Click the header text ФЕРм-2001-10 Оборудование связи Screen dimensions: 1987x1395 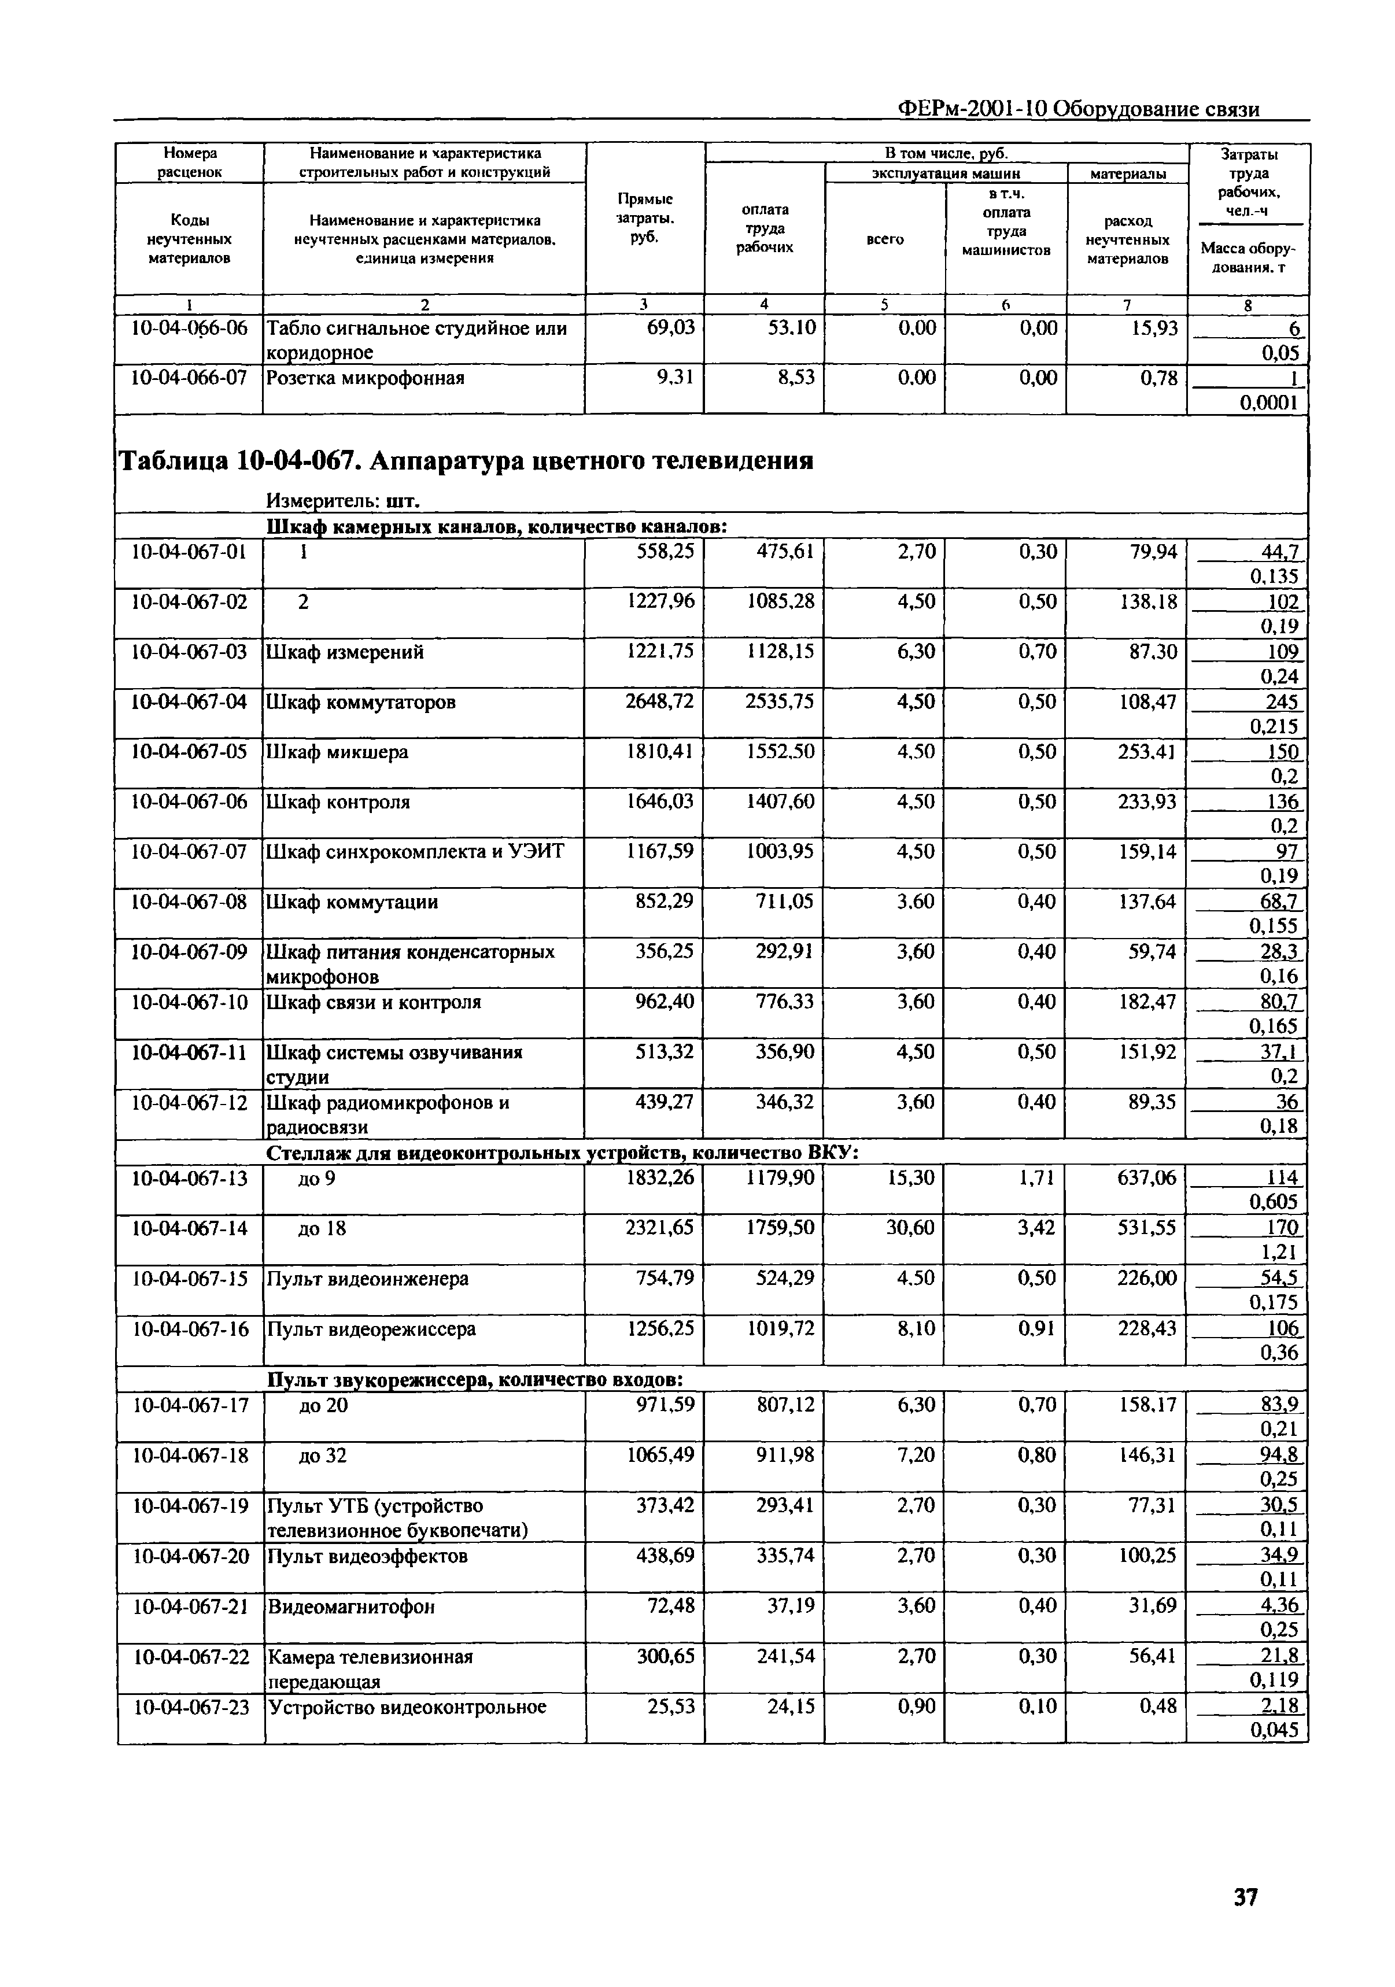click(1078, 109)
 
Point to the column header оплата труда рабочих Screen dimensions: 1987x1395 click(764, 228)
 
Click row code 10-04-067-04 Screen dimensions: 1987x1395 click(189, 702)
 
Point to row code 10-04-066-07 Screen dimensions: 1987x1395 click(189, 378)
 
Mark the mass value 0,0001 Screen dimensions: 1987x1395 click(1269, 402)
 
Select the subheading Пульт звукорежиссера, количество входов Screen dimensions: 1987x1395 click(475, 1379)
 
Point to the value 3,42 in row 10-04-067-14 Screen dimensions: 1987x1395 click(1035, 1227)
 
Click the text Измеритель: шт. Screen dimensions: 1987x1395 click(343, 501)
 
